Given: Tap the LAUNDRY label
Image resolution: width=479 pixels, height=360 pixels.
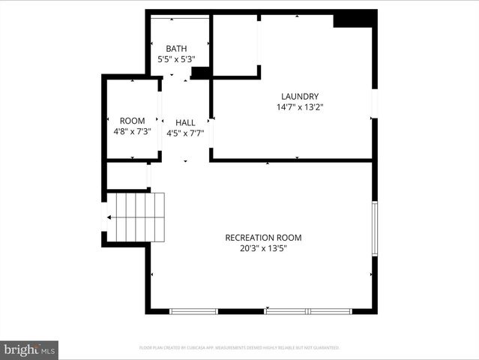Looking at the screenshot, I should tap(300, 97).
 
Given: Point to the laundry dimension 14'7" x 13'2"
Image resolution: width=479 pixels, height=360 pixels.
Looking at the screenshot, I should tap(300, 107).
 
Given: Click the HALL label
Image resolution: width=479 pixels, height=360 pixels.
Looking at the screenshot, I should tap(185, 123).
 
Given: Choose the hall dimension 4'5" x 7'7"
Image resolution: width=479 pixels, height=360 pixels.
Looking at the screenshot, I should tap(185, 133).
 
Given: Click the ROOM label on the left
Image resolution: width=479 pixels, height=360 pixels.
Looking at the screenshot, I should tap(132, 121).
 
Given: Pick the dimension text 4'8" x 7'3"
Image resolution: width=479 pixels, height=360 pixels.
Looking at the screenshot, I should tap(132, 131).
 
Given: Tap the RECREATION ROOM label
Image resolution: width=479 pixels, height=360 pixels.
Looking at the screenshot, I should tap(263, 238).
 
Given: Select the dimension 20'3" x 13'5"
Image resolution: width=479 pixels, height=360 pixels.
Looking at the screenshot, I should tap(263, 248).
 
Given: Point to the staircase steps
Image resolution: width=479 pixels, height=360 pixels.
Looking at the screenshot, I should tap(139, 217).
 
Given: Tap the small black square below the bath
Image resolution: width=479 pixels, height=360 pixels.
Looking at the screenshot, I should tap(200, 73).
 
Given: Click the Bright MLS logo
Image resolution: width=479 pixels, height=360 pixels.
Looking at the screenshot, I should tap(29, 350).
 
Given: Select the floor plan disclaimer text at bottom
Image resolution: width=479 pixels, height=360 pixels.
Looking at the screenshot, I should tap(239, 348).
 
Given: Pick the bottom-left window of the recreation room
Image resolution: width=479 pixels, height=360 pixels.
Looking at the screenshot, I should tap(193, 310).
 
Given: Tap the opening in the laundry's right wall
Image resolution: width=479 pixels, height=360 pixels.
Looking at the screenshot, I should tap(375, 103).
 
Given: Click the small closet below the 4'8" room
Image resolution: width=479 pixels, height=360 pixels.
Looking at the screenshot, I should tap(127, 175).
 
